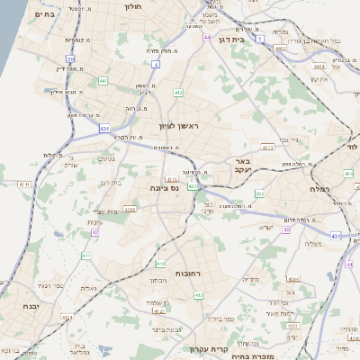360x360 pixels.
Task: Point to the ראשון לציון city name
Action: [x=177, y=126]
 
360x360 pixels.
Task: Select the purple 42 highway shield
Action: [x=94, y=232]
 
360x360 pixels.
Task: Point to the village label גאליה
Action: [x=88, y=288]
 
